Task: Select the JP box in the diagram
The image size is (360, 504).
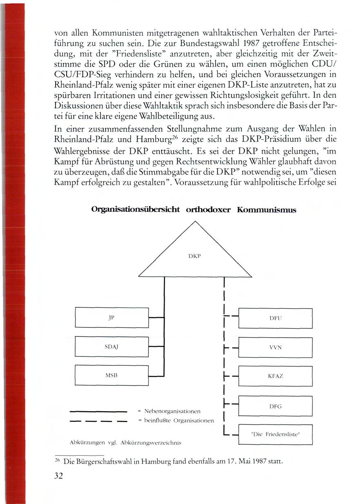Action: coord(111,317)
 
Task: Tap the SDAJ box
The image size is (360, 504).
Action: coord(111,346)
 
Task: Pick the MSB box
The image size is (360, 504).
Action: coord(111,375)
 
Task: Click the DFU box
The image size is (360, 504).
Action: coord(275,318)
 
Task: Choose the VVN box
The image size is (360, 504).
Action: coord(275,347)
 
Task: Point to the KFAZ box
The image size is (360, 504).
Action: coord(275,376)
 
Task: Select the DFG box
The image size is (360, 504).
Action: coord(275,406)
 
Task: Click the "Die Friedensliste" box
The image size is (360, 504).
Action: coord(275,435)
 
